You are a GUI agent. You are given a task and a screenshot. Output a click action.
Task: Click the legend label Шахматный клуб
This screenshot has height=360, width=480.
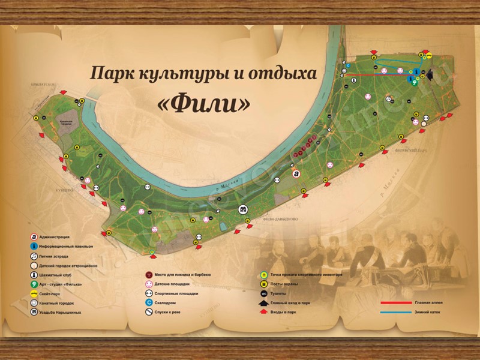pyautogui.click(x=61, y=275)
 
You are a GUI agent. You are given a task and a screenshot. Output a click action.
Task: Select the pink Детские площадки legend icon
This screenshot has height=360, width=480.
pyautogui.click(x=148, y=284)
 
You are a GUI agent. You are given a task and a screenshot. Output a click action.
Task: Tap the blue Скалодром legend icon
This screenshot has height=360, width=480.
pyautogui.click(x=148, y=303)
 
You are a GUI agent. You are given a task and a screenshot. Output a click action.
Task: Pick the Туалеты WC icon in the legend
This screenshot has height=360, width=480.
pyautogui.click(x=263, y=293)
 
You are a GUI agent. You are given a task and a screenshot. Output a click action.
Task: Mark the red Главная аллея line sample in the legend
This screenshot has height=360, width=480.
pyautogui.click(x=397, y=303)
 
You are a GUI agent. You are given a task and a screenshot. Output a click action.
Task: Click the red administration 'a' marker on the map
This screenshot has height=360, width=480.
pyautogui.click(x=295, y=173)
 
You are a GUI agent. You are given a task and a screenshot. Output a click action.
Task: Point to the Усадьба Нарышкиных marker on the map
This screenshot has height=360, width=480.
pyautogui.click(x=244, y=209)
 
